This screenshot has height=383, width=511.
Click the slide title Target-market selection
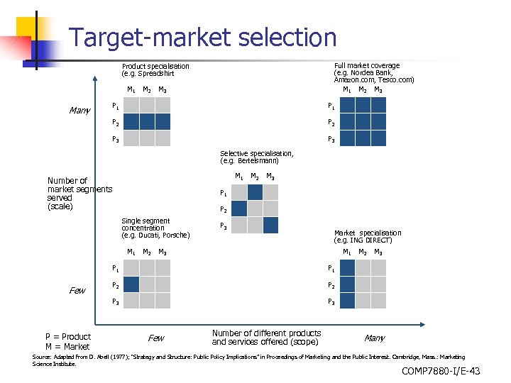203,37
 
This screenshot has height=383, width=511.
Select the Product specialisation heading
155,66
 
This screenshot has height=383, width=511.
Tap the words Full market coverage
366,65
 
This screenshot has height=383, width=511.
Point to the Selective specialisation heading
256,153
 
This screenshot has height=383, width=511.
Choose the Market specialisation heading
367,233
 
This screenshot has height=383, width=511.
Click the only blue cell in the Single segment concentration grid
131,284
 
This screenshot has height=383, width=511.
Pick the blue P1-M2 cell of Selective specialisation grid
255,192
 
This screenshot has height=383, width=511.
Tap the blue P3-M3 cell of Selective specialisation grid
270,226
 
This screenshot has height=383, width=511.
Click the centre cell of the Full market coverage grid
363,122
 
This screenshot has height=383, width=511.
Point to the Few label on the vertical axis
77,291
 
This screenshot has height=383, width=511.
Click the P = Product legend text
68,336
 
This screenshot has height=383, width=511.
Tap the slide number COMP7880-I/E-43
440,371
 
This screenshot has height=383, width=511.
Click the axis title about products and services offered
266,337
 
